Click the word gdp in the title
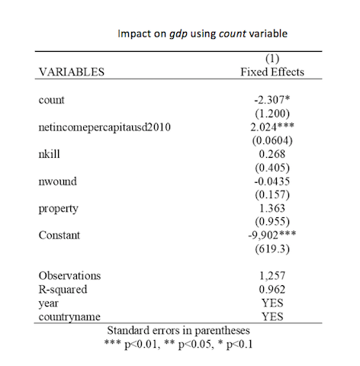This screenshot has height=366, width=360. click(178, 34)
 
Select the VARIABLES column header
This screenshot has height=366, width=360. click(72, 72)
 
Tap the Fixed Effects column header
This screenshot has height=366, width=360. click(272, 72)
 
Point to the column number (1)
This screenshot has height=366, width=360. click(272, 59)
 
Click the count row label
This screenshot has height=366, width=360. click(51, 100)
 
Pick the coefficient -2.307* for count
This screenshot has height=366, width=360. click(272, 100)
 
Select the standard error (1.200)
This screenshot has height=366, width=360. click(272, 114)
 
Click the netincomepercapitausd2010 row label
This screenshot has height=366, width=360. click(104, 127)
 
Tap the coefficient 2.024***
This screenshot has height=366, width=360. click(272, 127)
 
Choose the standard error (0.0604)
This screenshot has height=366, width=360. click(272, 140)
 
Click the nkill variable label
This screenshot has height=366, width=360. click(49, 154)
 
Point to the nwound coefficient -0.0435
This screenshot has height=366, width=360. click(272, 181)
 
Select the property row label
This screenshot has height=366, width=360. click(58, 209)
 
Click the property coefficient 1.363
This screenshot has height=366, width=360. click(272, 208)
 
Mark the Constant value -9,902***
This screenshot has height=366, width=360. click(272, 235)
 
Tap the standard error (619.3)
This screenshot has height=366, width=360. click(272, 249)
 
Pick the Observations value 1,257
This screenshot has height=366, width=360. click(272, 276)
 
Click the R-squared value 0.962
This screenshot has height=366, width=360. click(272, 289)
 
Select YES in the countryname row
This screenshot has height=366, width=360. click(272, 316)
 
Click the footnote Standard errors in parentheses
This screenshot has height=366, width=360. click(178, 331)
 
